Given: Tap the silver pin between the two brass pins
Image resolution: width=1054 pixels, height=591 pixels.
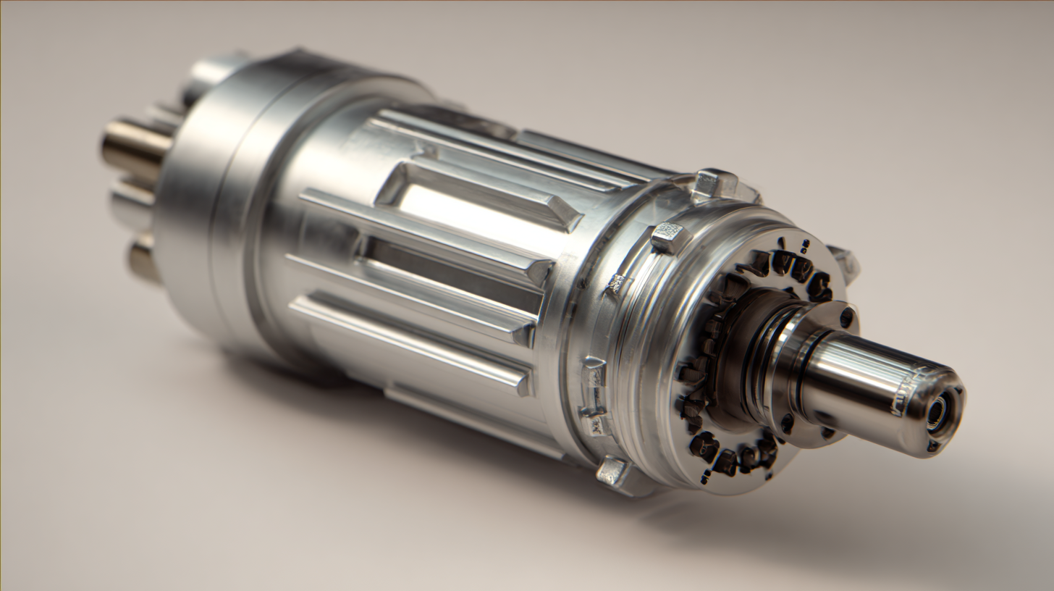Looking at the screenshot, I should pos(130,201).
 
